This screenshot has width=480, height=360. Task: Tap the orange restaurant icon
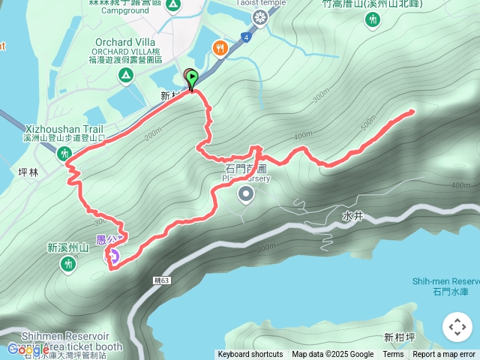pos(219,48)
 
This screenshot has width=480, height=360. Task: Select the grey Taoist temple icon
pos(259,16)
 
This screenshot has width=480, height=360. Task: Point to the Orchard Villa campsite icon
pos(125,75)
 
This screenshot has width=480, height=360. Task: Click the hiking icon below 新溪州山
pos(68,263)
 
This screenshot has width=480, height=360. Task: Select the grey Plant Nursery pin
pos(246,195)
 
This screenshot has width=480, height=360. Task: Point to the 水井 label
pos(352,215)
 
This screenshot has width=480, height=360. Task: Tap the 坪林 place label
pos(28,172)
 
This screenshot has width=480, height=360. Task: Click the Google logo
pos(28,349)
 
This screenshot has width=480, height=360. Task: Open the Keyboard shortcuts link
pos(250,355)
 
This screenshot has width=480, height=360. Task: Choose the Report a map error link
pos(444,355)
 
